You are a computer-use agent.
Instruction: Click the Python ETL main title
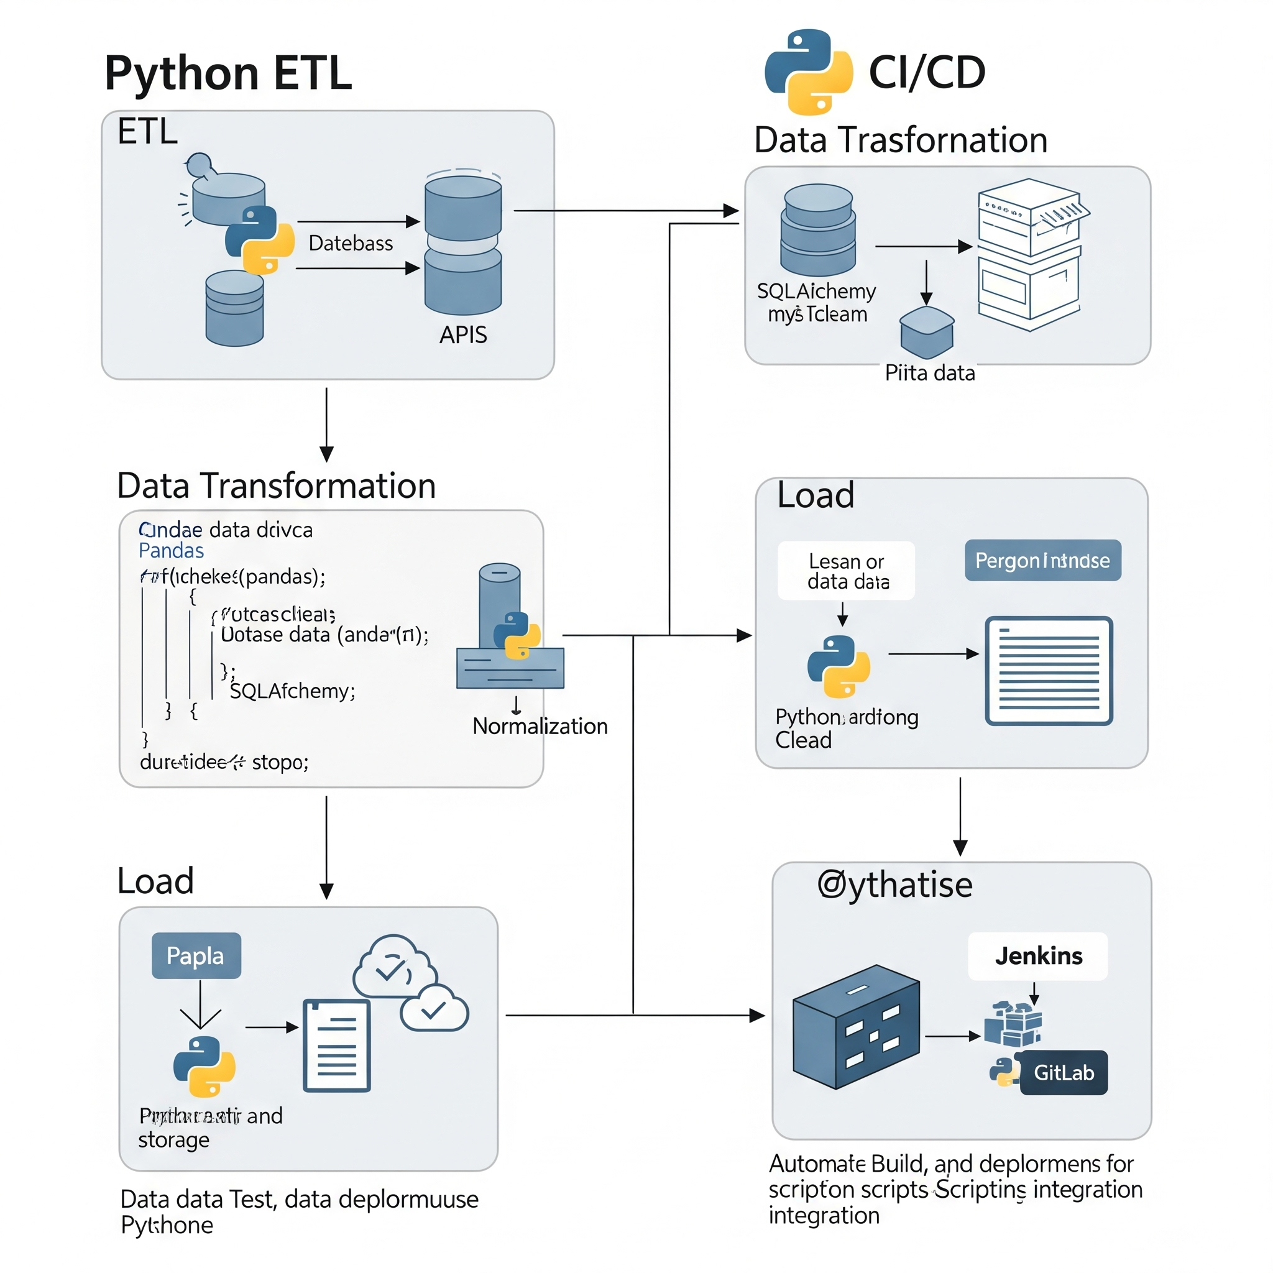click(228, 73)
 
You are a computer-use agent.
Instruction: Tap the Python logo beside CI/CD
click(809, 71)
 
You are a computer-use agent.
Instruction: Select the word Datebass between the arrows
click(351, 244)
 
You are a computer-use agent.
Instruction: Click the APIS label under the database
click(463, 335)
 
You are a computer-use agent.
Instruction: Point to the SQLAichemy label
click(816, 292)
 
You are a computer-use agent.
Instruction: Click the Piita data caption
click(930, 373)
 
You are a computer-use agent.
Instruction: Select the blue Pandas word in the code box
click(172, 551)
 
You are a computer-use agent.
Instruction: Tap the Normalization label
click(540, 726)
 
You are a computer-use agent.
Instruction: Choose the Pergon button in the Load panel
click(1042, 561)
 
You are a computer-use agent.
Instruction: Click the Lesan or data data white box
click(846, 571)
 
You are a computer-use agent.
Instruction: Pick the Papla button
click(196, 955)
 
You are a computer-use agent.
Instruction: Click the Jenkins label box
click(1038, 956)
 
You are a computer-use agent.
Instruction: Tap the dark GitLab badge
click(1064, 1073)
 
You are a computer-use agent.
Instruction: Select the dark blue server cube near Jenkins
click(856, 1027)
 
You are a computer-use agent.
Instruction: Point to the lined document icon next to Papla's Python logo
click(337, 1046)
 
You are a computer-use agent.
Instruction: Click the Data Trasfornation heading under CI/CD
click(901, 140)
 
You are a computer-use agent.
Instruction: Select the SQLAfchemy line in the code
click(293, 691)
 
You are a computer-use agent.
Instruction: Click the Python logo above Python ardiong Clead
click(838, 666)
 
